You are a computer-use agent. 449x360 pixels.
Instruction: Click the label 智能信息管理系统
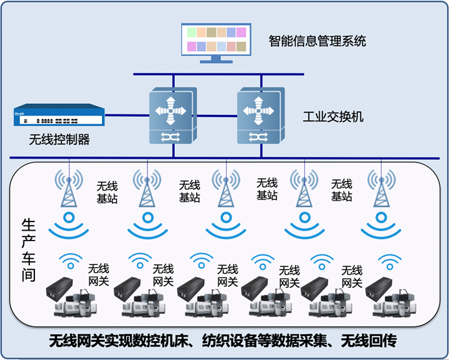[x=318, y=41]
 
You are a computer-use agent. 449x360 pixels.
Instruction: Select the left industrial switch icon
[x=171, y=116]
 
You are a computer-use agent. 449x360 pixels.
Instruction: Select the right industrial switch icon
[x=259, y=116]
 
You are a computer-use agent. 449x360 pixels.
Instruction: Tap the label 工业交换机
[x=333, y=118]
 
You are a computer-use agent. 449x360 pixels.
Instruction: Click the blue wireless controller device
[x=58, y=118]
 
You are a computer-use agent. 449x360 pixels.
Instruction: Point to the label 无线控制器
[x=59, y=140]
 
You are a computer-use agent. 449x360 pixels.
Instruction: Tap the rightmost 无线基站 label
[x=341, y=190]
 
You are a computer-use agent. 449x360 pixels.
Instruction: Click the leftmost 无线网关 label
[x=99, y=275]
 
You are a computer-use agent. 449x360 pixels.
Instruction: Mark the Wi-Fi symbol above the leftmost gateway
[x=70, y=261]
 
